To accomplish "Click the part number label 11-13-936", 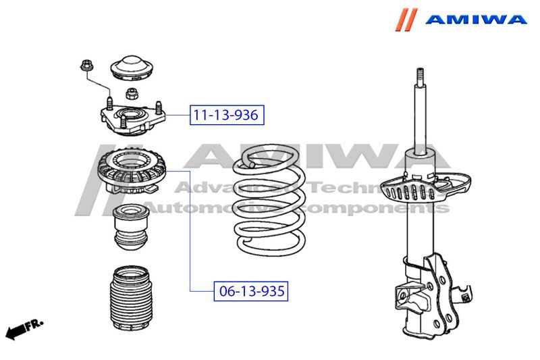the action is pos(227,115).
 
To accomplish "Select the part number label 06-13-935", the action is pos(251,291).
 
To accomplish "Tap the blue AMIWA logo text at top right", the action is pos(476,19).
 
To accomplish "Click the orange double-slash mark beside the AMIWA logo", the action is pos(406,20).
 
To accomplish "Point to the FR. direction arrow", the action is pos(24,330).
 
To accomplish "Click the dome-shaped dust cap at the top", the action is pos(132,68).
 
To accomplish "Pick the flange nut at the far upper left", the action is pos(86,66).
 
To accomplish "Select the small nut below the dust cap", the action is pos(132,93).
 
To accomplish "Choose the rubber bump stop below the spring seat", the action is pos(131,228).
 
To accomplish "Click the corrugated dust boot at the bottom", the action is pos(131,298).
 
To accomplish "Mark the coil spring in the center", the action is pos(269,201).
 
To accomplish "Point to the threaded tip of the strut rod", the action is pos(420,75).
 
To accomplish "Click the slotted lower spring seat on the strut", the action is pos(426,187).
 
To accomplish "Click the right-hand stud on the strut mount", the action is pos(159,107).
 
